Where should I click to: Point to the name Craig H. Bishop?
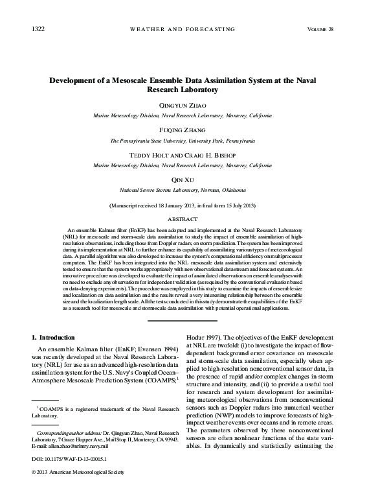coord(210,155)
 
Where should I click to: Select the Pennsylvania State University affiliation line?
coord(183,140)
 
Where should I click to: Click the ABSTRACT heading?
coord(183,219)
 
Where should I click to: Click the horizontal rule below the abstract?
coord(183,320)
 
